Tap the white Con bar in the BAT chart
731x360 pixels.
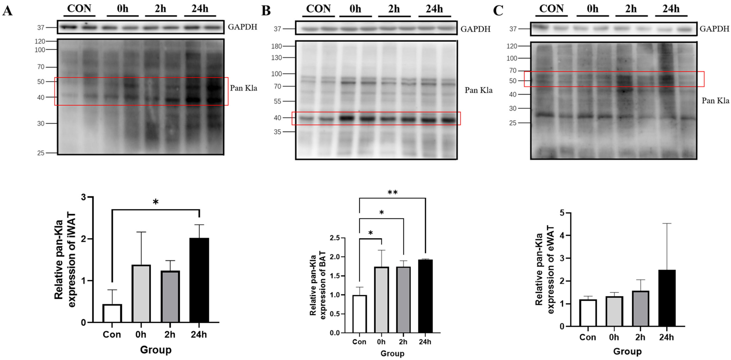(x=359, y=314)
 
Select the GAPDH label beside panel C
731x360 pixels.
(x=714, y=29)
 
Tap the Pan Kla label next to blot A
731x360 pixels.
(x=243, y=88)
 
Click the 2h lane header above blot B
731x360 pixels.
(x=394, y=9)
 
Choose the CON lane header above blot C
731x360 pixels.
(x=551, y=9)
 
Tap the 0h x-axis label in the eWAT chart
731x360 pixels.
(x=614, y=337)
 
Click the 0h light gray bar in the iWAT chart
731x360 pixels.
(x=141, y=294)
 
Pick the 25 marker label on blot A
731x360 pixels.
(x=41, y=153)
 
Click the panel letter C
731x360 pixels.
(x=498, y=11)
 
